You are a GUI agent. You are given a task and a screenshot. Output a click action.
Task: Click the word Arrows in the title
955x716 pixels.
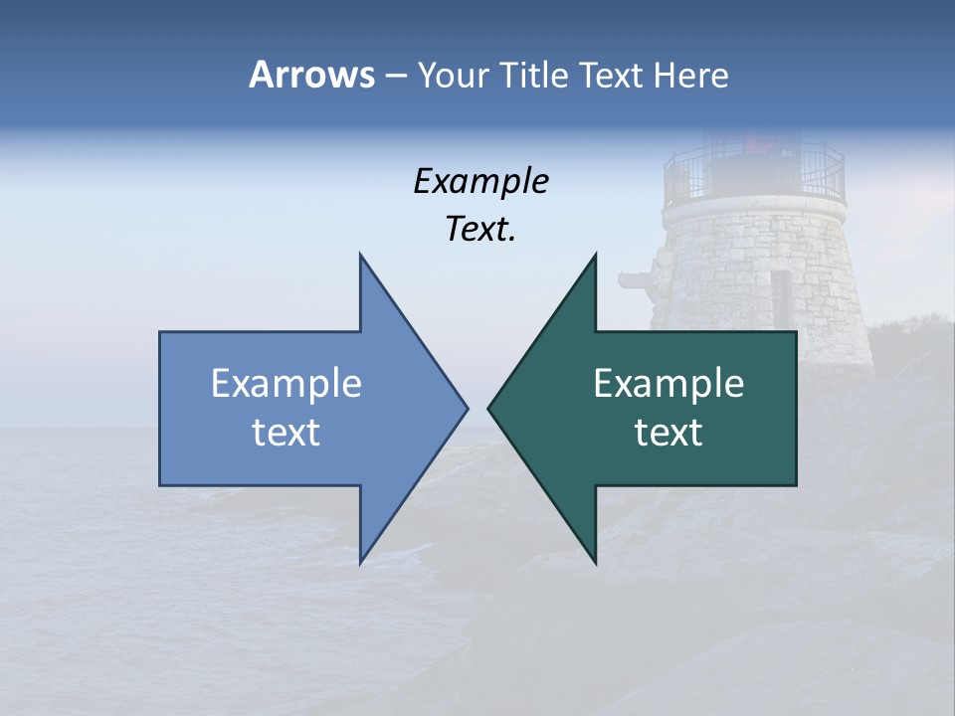click(x=311, y=75)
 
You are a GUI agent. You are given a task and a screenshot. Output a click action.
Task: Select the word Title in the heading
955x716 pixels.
click(x=536, y=76)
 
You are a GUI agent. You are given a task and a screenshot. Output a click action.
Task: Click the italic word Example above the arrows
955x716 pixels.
click(x=480, y=182)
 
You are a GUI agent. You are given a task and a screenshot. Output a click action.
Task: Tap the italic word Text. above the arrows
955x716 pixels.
click(x=480, y=230)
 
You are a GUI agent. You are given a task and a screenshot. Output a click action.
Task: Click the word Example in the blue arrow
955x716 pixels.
click(x=286, y=384)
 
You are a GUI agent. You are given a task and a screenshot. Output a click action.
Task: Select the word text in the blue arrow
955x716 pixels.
click(x=286, y=433)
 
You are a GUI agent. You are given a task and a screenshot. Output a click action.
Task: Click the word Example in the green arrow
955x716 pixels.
click(x=668, y=384)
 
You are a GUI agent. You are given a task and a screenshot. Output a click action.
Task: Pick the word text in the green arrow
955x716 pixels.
click(x=668, y=433)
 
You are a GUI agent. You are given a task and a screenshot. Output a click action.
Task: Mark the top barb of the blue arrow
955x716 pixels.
click(x=362, y=261)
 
